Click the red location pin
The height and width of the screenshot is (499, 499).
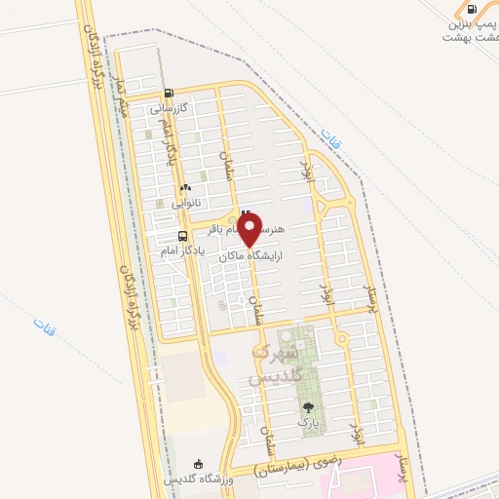click(250, 231)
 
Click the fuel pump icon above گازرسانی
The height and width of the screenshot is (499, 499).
click(170, 95)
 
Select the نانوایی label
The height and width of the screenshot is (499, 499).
click(186, 204)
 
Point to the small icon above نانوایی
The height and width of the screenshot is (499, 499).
click(185, 188)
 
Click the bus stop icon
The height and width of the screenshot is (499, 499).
click(182, 236)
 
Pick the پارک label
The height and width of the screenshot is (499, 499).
click(308, 425)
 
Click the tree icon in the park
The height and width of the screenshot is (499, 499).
click(309, 409)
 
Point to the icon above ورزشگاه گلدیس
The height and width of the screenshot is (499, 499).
click(199, 463)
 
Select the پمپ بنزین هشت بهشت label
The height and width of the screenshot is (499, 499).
click(470, 29)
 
